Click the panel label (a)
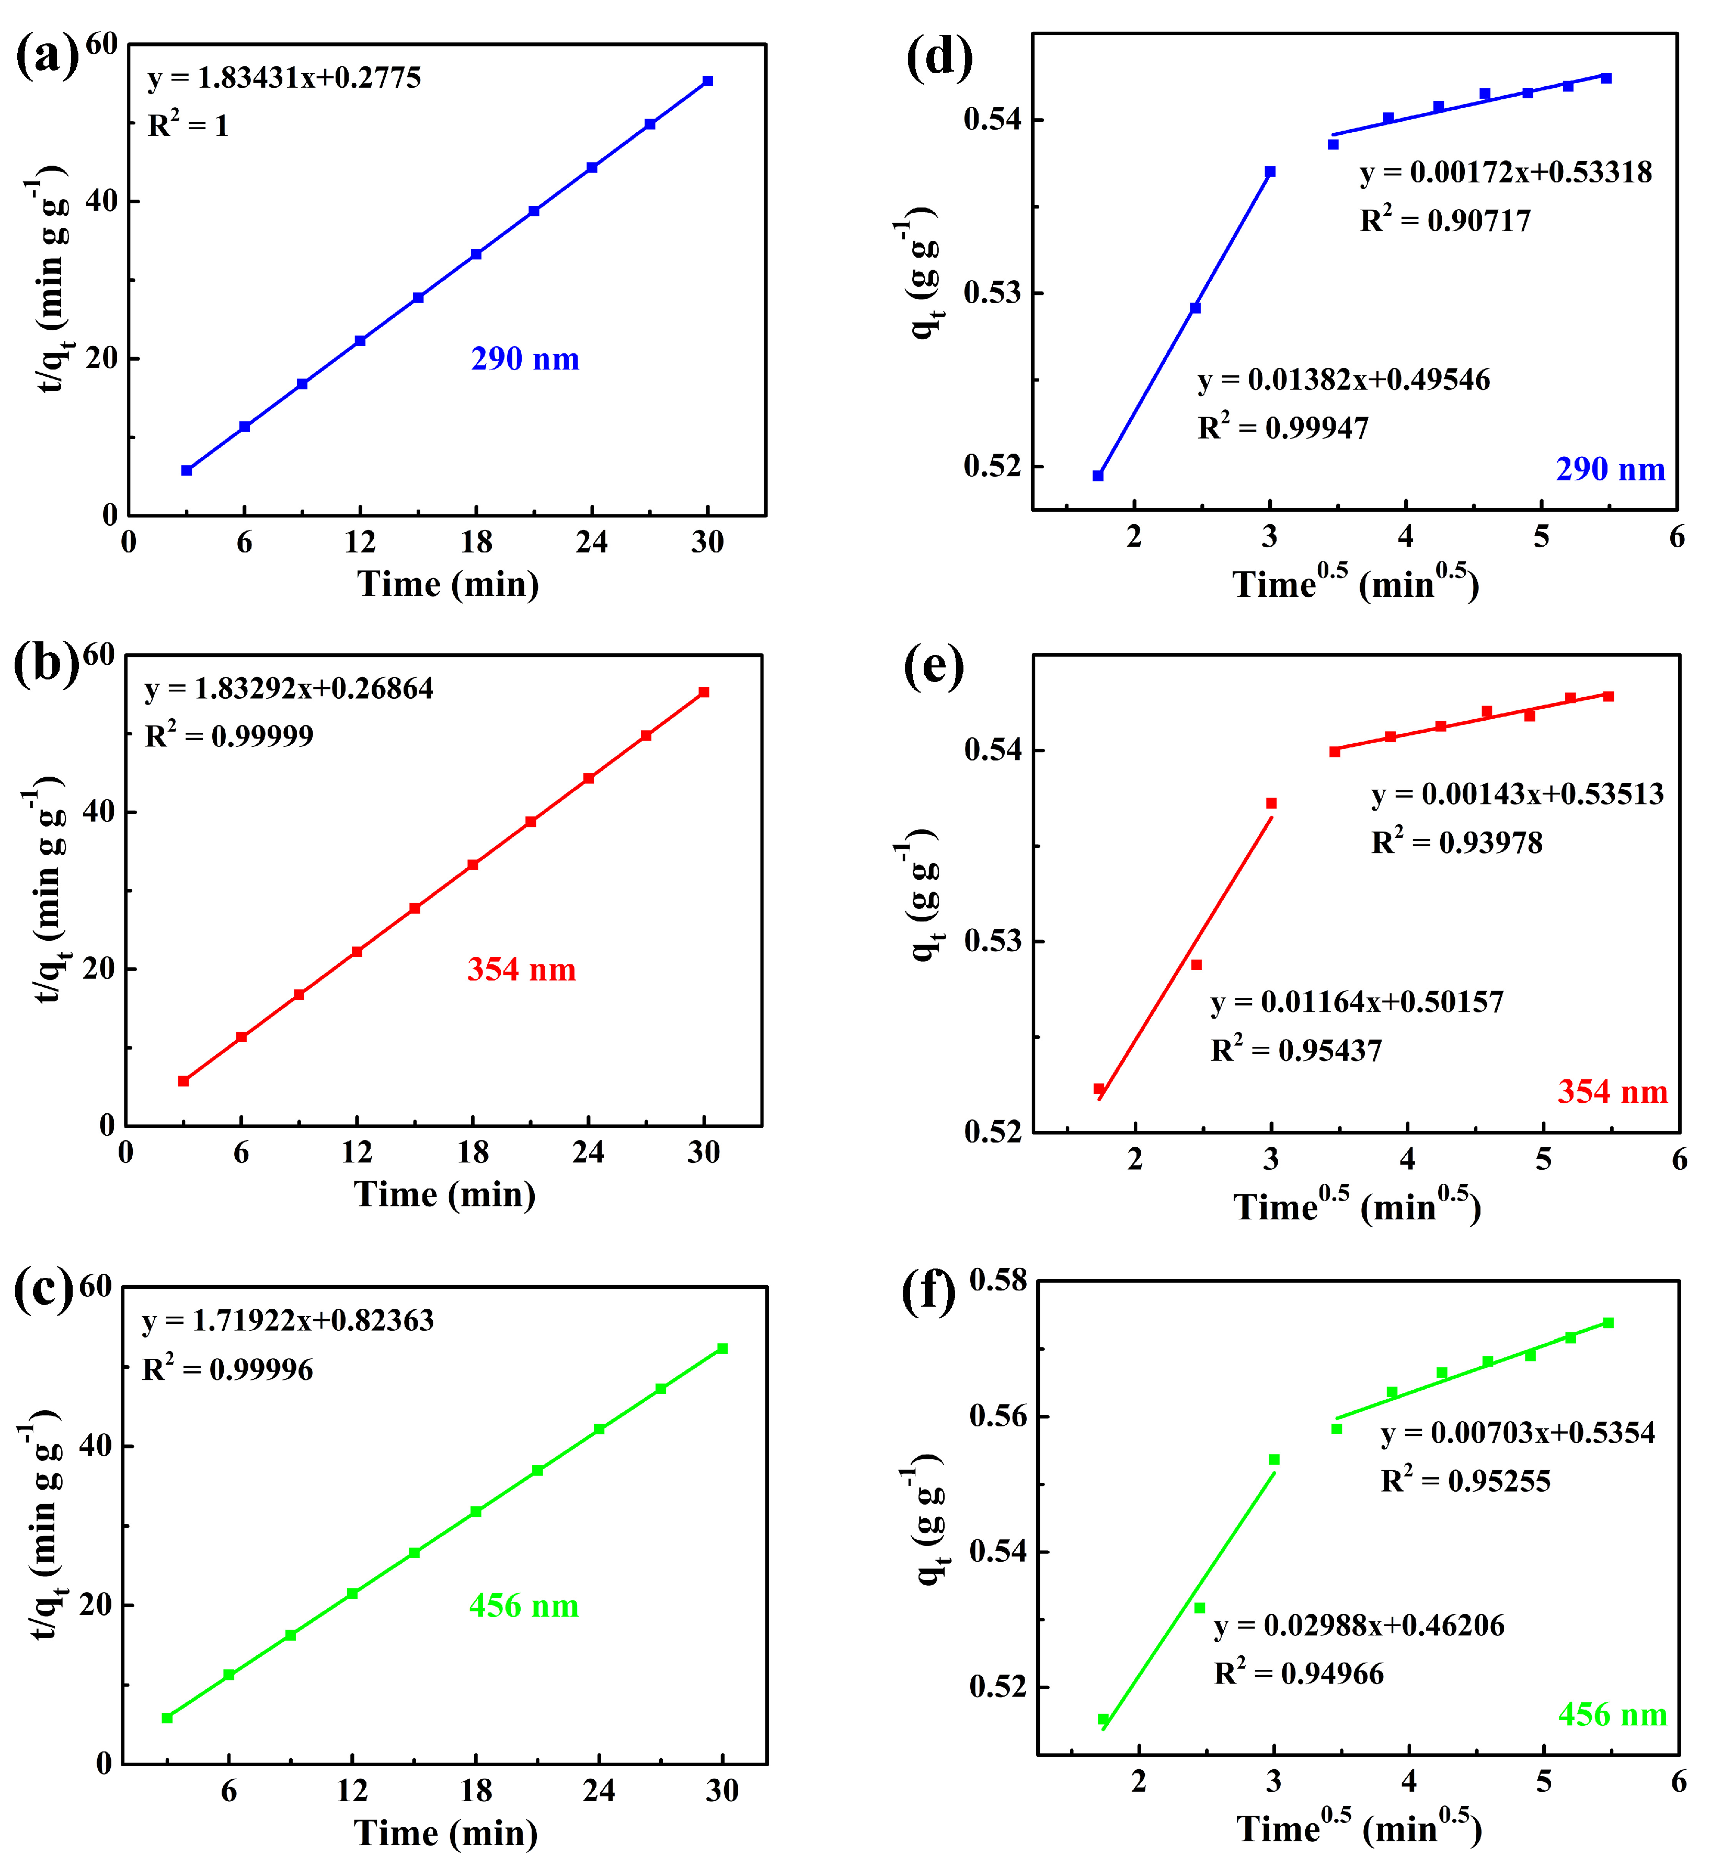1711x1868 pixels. tap(48, 57)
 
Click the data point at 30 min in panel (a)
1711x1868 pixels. tap(707, 82)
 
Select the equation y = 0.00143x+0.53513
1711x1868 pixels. tap(1517, 794)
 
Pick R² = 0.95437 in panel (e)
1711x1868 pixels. tap(1296, 1051)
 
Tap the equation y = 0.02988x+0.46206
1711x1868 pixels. tap(1359, 1625)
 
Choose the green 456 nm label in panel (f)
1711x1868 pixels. tap(1612, 1715)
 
